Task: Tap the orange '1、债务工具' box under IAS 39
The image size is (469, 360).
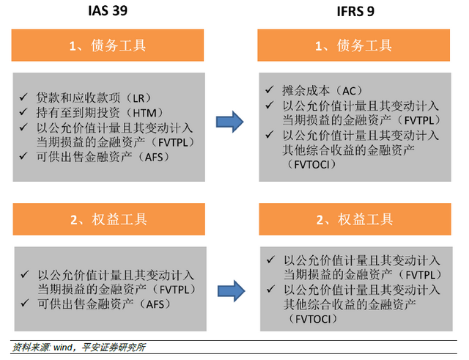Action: (x=107, y=45)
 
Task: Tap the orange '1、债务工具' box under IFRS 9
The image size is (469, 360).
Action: (x=353, y=45)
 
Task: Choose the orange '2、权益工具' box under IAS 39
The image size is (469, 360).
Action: (x=107, y=219)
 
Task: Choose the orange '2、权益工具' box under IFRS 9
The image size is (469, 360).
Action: (x=353, y=219)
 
